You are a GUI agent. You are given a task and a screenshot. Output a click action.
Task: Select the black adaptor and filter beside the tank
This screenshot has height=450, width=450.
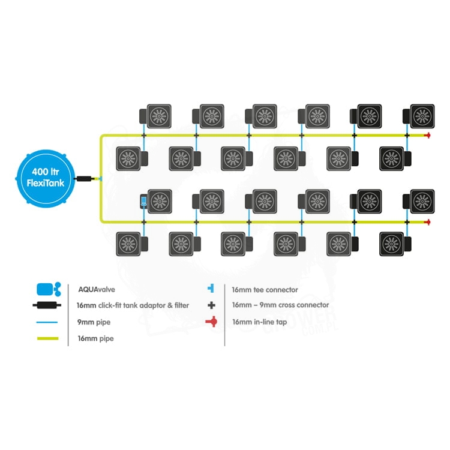click(x=85, y=178)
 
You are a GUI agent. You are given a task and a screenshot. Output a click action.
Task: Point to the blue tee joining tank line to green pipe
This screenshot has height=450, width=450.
click(x=101, y=178)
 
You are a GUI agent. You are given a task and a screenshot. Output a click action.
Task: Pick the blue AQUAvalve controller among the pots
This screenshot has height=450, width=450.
click(x=144, y=202)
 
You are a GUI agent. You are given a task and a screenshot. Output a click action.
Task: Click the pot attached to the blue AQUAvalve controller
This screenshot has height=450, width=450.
click(x=160, y=200)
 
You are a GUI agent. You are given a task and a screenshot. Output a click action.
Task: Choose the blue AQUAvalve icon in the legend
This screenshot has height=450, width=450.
click(x=47, y=289)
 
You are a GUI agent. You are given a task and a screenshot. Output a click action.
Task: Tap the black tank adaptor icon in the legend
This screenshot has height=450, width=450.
click(x=47, y=305)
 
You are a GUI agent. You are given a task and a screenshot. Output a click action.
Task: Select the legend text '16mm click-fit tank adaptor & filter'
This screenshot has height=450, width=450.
click(x=133, y=305)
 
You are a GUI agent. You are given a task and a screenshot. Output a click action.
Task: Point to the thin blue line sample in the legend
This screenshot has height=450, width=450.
click(x=47, y=322)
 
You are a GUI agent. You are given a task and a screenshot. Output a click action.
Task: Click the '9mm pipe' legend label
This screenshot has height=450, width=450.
click(x=94, y=322)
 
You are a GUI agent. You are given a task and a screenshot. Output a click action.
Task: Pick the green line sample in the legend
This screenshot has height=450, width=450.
click(x=47, y=339)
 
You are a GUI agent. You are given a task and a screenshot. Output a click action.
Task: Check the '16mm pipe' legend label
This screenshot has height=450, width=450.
click(x=95, y=339)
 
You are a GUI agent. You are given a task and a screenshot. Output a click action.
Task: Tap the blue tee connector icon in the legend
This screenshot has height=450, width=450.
click(x=211, y=289)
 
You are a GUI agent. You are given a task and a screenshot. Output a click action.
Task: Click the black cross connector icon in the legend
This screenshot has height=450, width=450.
click(x=211, y=305)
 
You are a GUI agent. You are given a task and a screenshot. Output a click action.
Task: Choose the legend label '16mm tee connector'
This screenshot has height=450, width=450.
click(x=265, y=289)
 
